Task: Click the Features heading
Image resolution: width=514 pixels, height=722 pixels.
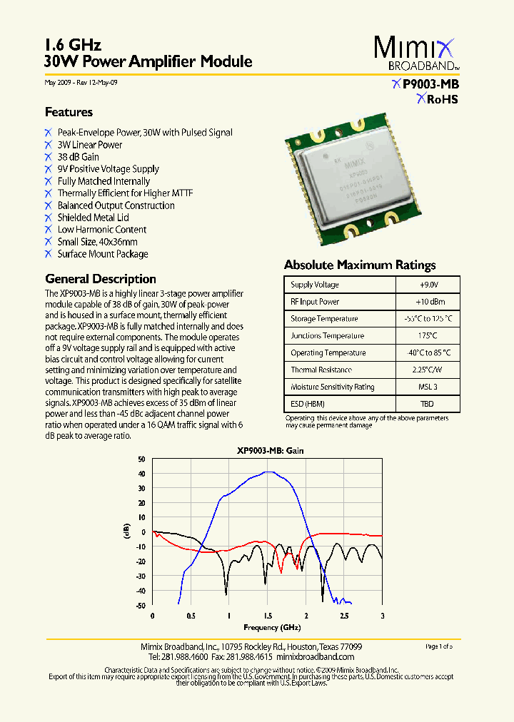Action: tap(69, 112)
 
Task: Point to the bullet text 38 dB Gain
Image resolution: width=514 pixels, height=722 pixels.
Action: tap(78, 157)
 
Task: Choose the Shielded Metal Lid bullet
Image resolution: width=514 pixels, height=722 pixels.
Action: tap(93, 218)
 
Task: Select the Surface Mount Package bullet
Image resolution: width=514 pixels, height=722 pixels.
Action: tap(103, 254)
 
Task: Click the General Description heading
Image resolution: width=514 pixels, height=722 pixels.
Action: tap(100, 279)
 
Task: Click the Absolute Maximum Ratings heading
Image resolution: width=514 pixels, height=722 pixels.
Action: tap(360, 265)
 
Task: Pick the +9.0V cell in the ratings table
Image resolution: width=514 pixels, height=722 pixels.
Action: tap(428, 285)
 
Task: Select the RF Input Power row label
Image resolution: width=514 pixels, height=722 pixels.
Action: tap(315, 302)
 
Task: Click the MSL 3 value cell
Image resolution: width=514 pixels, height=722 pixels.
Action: tap(428, 387)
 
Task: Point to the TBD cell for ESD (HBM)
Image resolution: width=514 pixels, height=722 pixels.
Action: tap(428, 404)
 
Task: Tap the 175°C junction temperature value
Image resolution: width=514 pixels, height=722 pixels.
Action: tap(428, 336)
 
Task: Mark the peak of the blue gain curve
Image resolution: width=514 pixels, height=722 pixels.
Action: tap(268, 472)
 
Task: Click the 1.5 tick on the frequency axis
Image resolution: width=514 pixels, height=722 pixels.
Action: tap(268, 616)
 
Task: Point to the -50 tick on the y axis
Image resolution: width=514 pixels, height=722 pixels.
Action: tap(141, 606)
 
